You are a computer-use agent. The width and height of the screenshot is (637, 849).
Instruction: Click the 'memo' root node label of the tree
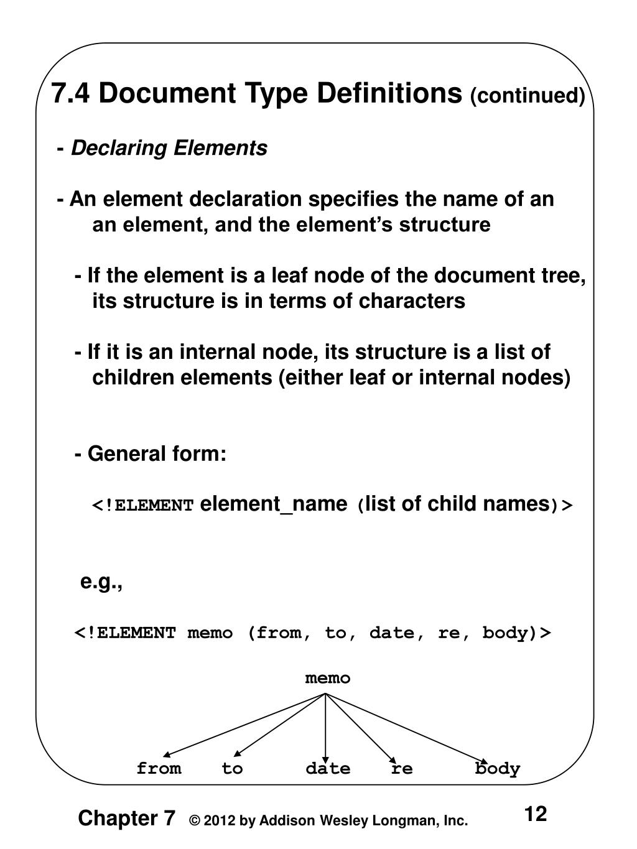coord(327,678)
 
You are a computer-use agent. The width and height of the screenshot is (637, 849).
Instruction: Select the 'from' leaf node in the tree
coord(159,769)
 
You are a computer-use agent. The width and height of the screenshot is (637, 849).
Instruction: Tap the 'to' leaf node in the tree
coord(232,769)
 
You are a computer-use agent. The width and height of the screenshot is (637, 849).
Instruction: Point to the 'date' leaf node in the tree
coord(328,769)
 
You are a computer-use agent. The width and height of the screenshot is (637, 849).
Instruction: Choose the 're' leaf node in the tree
coord(402,769)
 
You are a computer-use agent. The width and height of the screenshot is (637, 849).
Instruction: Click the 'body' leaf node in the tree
coord(497,769)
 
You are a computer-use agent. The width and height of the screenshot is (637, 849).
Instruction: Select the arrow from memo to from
coord(243,725)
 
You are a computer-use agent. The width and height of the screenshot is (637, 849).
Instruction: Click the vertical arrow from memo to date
coord(326,725)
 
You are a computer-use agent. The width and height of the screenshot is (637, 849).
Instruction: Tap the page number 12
coord(535,814)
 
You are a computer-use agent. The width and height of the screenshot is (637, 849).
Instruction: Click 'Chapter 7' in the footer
coord(126,819)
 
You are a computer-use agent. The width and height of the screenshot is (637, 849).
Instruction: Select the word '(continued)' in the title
coord(527,96)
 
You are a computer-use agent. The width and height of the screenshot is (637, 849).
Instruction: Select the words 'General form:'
coord(157,453)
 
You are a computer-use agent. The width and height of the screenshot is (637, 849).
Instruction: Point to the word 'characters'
coord(411,301)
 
